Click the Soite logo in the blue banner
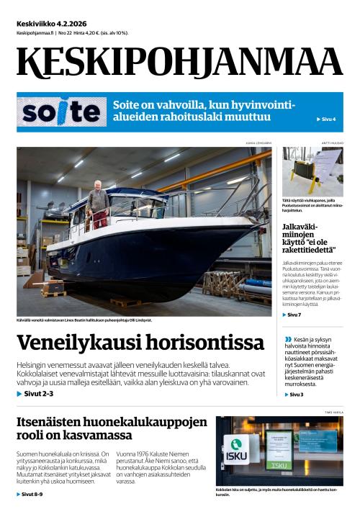[x=60, y=112]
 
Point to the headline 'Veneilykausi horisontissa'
[x=140, y=343]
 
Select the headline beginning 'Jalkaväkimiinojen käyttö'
[x=312, y=242]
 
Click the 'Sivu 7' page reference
[x=292, y=315]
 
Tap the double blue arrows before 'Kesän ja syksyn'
[x=288, y=338]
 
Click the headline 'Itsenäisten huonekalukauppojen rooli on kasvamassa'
[x=112, y=428]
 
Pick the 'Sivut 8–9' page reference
[x=32, y=495]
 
